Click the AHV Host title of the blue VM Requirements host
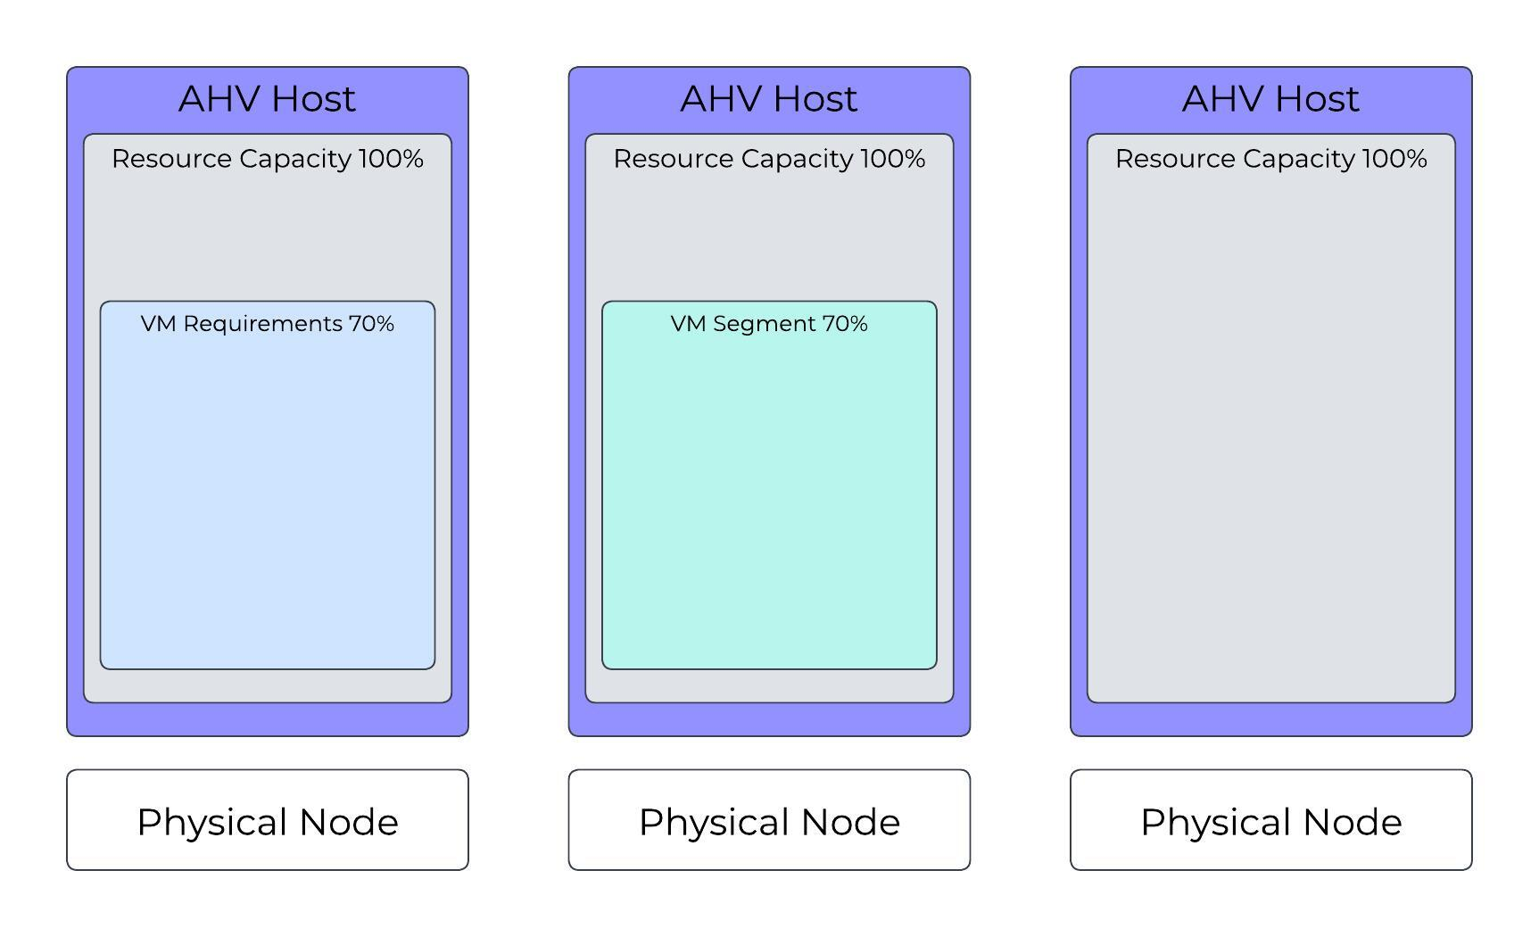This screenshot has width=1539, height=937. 267,99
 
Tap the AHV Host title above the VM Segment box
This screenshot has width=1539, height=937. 769,99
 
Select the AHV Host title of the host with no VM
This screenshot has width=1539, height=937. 1270,99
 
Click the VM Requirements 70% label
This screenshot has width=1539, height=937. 267,324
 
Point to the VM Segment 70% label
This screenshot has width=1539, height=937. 769,324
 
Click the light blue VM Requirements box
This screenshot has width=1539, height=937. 267,500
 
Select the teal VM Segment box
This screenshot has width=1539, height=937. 769,500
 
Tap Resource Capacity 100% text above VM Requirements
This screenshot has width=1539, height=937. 267,159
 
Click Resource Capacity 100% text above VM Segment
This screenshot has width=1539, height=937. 769,159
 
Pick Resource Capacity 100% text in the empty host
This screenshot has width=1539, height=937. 1270,159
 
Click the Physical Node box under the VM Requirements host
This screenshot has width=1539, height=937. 267,820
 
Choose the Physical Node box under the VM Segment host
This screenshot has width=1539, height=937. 769,820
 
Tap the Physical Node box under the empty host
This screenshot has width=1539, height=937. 1270,820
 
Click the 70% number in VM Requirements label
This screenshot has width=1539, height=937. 371,324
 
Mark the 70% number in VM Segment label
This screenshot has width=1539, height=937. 845,324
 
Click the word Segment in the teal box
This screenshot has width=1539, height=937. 765,324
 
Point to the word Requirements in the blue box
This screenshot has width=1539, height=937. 262,324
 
